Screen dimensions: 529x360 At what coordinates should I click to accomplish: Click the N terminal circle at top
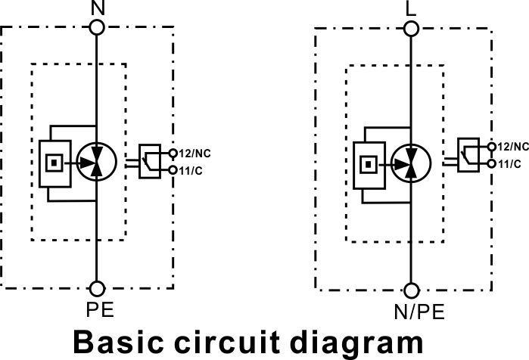[x=97, y=27]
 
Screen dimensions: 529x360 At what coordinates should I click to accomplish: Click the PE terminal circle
[x=98, y=289]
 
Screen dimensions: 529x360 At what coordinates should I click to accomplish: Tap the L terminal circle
[x=411, y=29]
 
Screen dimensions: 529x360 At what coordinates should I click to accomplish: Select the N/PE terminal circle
[x=412, y=290]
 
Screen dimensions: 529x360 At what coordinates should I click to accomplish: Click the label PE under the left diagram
[x=100, y=309]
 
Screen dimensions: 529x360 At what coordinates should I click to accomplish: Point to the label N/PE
[x=419, y=312]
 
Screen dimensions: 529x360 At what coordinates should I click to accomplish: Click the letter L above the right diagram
[x=411, y=9]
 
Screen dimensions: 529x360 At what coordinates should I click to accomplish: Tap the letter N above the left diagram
[x=98, y=8]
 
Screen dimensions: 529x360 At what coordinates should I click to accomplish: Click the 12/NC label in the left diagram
[x=194, y=154]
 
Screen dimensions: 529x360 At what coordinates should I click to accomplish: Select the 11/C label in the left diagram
[x=191, y=171]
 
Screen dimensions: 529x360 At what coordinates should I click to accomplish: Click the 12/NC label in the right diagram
[x=513, y=147]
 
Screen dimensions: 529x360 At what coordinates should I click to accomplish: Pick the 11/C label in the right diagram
[x=509, y=164]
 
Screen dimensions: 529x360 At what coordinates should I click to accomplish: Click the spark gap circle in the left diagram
[x=97, y=162]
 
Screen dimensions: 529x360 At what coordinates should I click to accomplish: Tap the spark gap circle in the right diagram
[x=411, y=164]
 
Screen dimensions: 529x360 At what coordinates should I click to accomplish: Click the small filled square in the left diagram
[x=54, y=163]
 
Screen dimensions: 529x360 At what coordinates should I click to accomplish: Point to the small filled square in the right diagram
[x=369, y=164]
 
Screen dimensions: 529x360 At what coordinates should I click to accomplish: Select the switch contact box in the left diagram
[x=150, y=161]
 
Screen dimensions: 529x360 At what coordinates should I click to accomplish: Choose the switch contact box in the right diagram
[x=468, y=155]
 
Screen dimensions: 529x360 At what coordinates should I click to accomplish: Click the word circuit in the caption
[x=227, y=343]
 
